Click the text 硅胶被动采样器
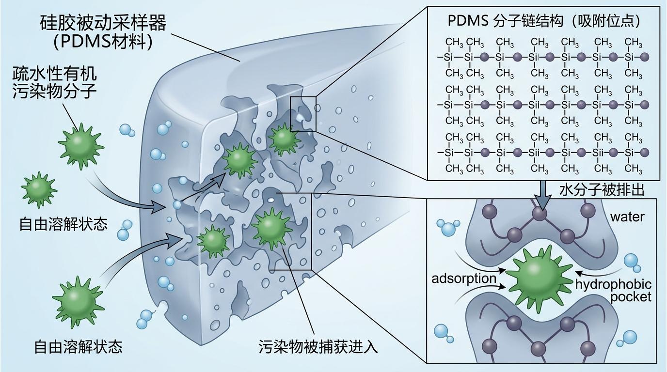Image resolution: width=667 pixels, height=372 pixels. pos(103,23)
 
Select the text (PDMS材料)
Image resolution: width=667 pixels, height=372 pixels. pos(103,42)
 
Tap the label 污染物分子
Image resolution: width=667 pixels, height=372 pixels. pos(54,91)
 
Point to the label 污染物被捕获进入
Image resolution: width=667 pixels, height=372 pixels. pos(318,347)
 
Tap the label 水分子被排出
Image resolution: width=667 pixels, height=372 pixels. pos(601,190)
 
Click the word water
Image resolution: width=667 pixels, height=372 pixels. pos(627,217)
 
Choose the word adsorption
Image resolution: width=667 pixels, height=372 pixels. pos(464,279)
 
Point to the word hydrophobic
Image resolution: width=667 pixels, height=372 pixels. pos(613,284)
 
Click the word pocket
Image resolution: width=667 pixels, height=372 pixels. pos(631,297)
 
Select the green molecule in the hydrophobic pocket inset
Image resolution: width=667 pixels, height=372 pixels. pos(538,278)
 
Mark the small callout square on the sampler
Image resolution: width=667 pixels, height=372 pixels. pos(303,114)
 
